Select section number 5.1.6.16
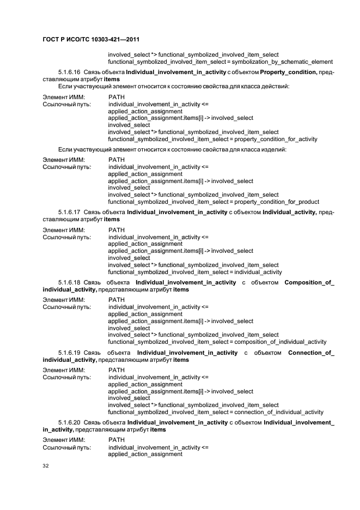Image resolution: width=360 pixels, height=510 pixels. [x=69, y=72]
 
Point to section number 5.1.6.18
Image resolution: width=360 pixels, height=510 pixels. [x=69, y=283]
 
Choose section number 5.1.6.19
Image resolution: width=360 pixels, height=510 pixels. [x=69, y=353]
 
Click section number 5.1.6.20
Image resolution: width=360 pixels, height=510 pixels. [x=69, y=423]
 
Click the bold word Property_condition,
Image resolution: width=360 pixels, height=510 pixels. [x=289, y=72]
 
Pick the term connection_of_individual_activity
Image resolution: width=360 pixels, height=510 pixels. [x=279, y=412]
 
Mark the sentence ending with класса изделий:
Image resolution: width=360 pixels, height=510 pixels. [x=171, y=150]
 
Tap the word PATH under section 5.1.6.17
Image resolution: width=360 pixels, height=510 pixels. [x=117, y=229]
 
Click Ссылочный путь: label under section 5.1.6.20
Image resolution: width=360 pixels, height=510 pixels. [x=67, y=447]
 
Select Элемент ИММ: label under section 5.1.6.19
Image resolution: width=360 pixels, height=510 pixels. [x=64, y=370]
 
